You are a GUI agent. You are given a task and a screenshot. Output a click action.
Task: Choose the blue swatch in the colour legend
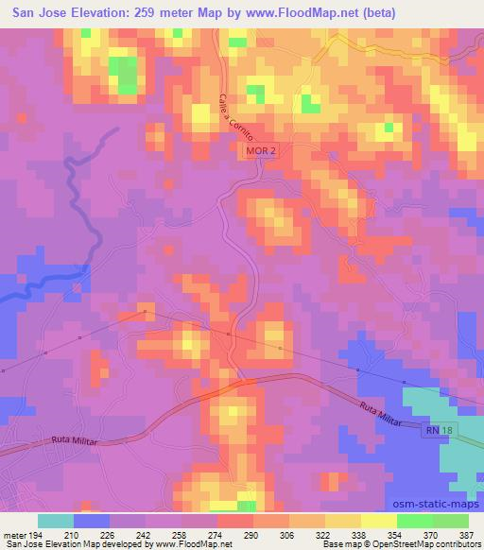(91, 521)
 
